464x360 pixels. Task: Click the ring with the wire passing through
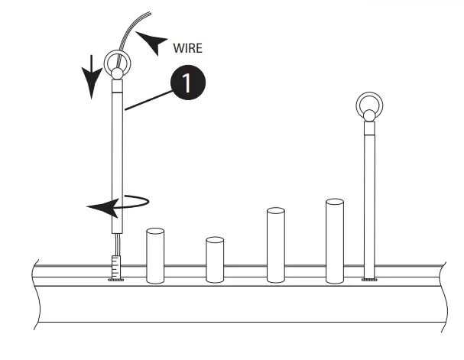tap(118, 61)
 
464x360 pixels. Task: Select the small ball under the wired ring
tap(118, 75)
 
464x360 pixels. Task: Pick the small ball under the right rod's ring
tap(370, 116)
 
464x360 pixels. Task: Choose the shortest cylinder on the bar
tap(215, 260)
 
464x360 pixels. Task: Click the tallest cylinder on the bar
tap(336, 241)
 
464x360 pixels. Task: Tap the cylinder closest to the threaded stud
tap(155, 255)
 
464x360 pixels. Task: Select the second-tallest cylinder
tap(276, 245)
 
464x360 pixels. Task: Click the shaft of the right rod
tap(370, 199)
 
